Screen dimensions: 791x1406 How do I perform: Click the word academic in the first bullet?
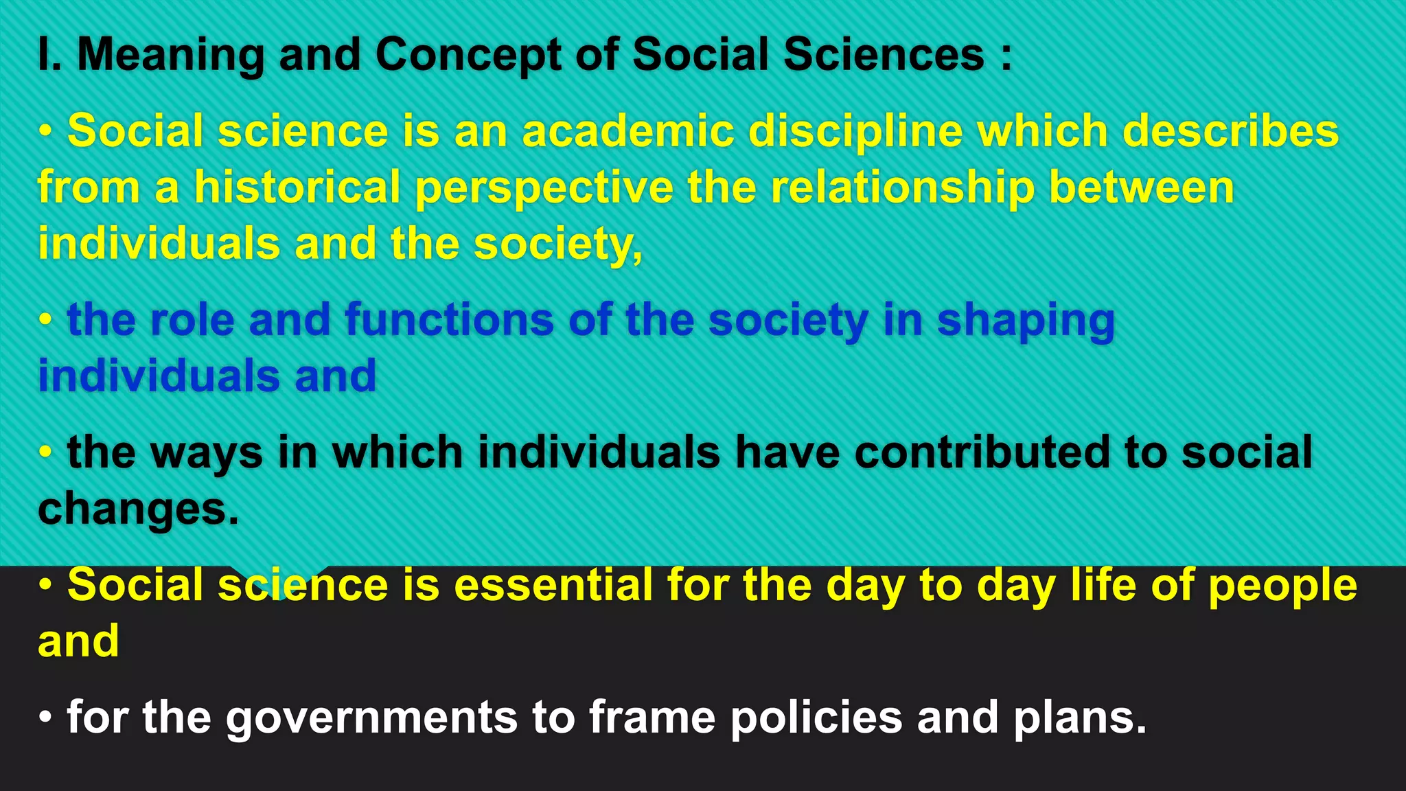click(628, 131)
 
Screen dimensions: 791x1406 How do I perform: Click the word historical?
click(297, 187)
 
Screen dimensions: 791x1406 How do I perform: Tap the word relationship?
click(903, 189)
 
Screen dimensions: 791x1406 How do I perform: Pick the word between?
click(1142, 187)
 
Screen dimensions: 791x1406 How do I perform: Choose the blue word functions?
click(450, 320)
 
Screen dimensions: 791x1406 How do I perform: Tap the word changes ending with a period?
click(137, 509)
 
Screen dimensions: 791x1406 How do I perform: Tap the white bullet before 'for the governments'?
click(45, 717)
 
